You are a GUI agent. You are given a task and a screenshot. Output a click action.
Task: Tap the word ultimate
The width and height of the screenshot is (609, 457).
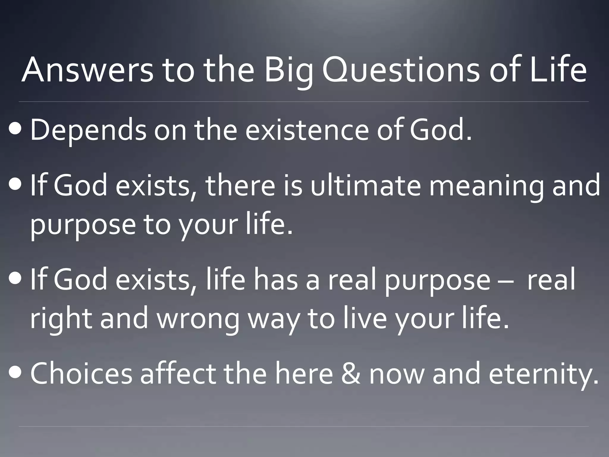(x=365, y=186)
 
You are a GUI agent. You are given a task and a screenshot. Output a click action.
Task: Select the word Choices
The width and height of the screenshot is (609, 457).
(x=81, y=374)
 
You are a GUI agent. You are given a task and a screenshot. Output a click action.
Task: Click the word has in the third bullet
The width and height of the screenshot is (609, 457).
(x=275, y=280)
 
